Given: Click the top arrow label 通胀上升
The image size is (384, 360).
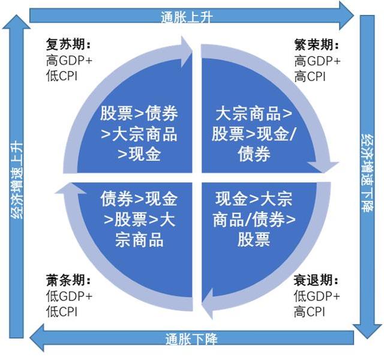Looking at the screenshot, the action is (x=187, y=17).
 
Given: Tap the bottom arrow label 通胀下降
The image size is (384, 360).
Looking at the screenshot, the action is (x=191, y=339).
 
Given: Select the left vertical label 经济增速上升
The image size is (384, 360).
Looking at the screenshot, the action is (x=17, y=179).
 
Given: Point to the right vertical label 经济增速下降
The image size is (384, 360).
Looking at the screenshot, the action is (x=368, y=173).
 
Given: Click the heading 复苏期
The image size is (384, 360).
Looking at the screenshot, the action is (x=68, y=44).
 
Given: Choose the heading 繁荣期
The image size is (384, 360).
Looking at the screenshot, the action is (x=316, y=45).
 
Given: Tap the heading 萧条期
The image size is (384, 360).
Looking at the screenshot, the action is (x=68, y=280).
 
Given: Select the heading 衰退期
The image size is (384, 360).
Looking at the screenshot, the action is (x=316, y=280).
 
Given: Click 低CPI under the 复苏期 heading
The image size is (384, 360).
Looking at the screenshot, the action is (x=62, y=76).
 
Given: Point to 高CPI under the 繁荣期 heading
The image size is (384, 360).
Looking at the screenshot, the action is (x=310, y=76).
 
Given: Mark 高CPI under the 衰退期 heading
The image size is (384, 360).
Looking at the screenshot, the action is (x=310, y=311).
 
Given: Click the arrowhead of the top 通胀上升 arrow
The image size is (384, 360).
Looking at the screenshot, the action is (x=346, y=16).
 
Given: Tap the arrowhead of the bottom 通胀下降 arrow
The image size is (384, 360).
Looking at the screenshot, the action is (x=37, y=338).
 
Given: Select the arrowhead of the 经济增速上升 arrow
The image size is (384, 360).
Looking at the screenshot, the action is (x=16, y=22).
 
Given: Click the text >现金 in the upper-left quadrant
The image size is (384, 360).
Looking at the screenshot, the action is (x=139, y=154).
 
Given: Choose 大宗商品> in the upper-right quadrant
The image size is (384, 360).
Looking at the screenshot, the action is (x=254, y=113).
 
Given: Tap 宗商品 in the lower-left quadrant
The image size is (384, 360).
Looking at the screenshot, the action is (x=139, y=239).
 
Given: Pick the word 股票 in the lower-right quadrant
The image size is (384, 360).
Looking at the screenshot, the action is (x=254, y=239).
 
